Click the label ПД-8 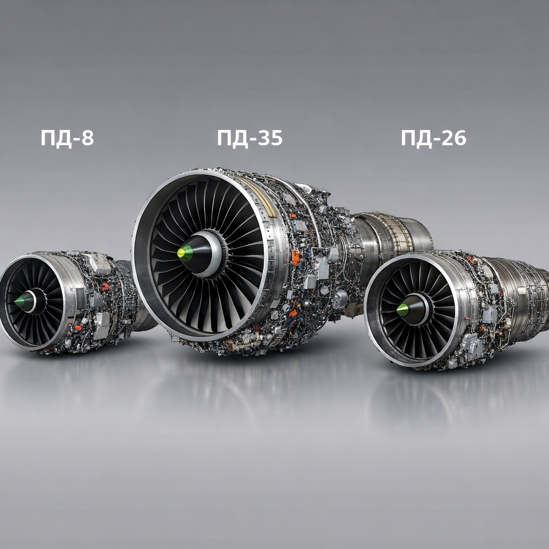(67, 138)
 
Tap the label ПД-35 (250, 138)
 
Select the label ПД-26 (433, 138)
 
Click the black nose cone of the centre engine (198, 254)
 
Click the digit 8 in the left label (87, 138)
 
